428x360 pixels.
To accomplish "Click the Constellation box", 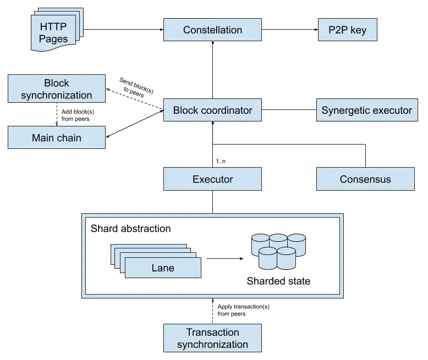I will pyautogui.click(x=212, y=30).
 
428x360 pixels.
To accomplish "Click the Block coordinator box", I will pyautogui.click(x=212, y=110).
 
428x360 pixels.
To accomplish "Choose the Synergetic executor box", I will pyautogui.click(x=366, y=110).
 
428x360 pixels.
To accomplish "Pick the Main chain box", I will pyautogui.click(x=56, y=138).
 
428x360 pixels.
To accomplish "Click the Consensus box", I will pyautogui.click(x=365, y=179).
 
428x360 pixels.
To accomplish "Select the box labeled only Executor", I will pyautogui.click(x=212, y=179).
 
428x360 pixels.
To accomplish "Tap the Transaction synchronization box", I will pyautogui.click(x=212, y=339).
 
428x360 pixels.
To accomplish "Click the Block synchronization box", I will pyautogui.click(x=56, y=89).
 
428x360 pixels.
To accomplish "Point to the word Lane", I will pyautogui.click(x=162, y=268).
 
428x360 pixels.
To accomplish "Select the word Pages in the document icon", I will pyautogui.click(x=53, y=38).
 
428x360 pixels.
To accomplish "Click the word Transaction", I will pyautogui.click(x=212, y=333).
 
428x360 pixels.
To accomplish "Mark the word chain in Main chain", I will pyautogui.click(x=68, y=138).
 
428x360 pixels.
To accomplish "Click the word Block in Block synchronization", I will pyautogui.click(x=56, y=83).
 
